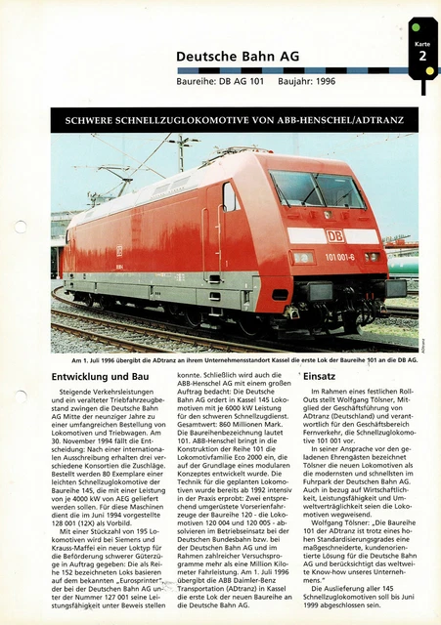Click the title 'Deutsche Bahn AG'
pyautogui.click(x=238, y=57)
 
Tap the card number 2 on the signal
pyautogui.click(x=422, y=57)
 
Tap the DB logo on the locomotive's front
pyautogui.click(x=334, y=235)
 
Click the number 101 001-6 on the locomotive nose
pyautogui.click(x=338, y=257)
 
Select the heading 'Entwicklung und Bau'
pyautogui.click(x=100, y=376)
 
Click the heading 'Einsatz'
pyautogui.click(x=320, y=376)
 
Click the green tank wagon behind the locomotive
pyautogui.click(x=403, y=265)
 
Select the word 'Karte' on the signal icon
pyautogui.click(x=421, y=44)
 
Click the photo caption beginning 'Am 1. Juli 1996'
pyautogui.click(x=236, y=359)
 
